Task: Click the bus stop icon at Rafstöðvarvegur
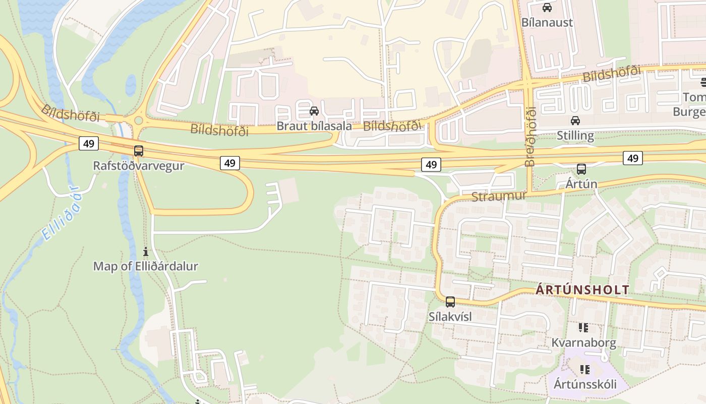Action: pyautogui.click(x=139, y=150)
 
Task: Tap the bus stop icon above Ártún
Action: pyautogui.click(x=581, y=169)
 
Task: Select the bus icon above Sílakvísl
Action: pyautogui.click(x=450, y=302)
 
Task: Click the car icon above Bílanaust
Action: pyautogui.click(x=547, y=8)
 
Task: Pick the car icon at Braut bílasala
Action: pyautogui.click(x=314, y=111)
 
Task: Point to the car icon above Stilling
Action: pyautogui.click(x=575, y=121)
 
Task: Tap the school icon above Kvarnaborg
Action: pyautogui.click(x=584, y=328)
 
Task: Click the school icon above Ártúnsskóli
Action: pyautogui.click(x=585, y=370)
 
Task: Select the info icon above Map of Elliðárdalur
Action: pyautogui.click(x=146, y=251)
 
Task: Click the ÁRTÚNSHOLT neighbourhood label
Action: pyautogui.click(x=582, y=290)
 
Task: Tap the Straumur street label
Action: pyautogui.click(x=499, y=196)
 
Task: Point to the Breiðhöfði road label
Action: pyautogui.click(x=529, y=137)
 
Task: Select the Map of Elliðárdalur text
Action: pyautogui.click(x=146, y=266)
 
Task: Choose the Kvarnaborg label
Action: pyautogui.click(x=583, y=343)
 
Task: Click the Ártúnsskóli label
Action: pyautogui.click(x=585, y=384)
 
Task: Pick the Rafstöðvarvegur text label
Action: pyautogui.click(x=139, y=166)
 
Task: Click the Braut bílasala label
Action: pyautogui.click(x=314, y=126)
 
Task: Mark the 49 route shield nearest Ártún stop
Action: pyautogui.click(x=632, y=158)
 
